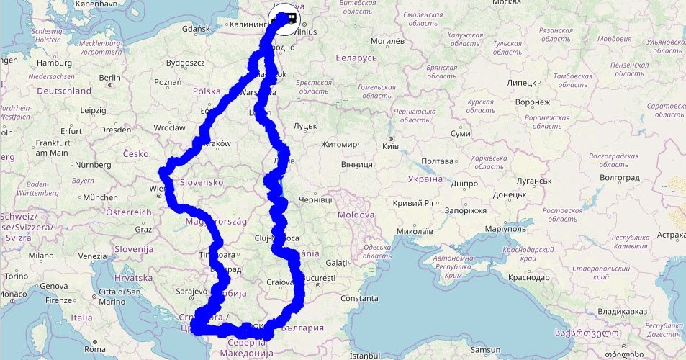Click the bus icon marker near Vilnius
286,18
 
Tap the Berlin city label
109,78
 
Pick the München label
100,197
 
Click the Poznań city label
168,82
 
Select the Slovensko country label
202,182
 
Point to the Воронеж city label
533,102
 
